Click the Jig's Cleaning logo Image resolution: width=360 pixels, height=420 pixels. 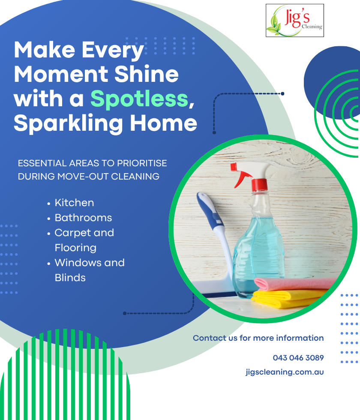pyautogui.click(x=295, y=21)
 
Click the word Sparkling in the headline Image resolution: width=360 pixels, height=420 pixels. pyautogui.click(x=68, y=123)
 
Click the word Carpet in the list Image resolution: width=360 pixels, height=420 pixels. pyautogui.click(x=71, y=233)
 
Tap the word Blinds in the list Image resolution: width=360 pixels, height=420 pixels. pyautogui.click(x=70, y=278)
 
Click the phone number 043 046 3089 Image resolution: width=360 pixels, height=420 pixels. pyautogui.click(x=298, y=357)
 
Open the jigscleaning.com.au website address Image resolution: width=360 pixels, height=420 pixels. pyautogui.click(x=285, y=372)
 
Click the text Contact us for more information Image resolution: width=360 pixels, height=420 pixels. pyautogui.click(x=258, y=338)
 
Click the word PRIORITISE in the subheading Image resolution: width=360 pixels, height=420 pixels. pyautogui.click(x=142, y=163)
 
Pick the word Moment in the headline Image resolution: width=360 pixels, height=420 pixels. pyautogui.click(x=61, y=75)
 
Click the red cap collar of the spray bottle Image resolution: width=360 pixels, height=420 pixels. pyautogui.click(x=259, y=185)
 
